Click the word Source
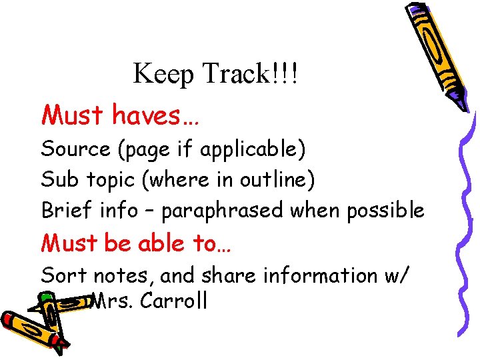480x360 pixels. click(x=76, y=149)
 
